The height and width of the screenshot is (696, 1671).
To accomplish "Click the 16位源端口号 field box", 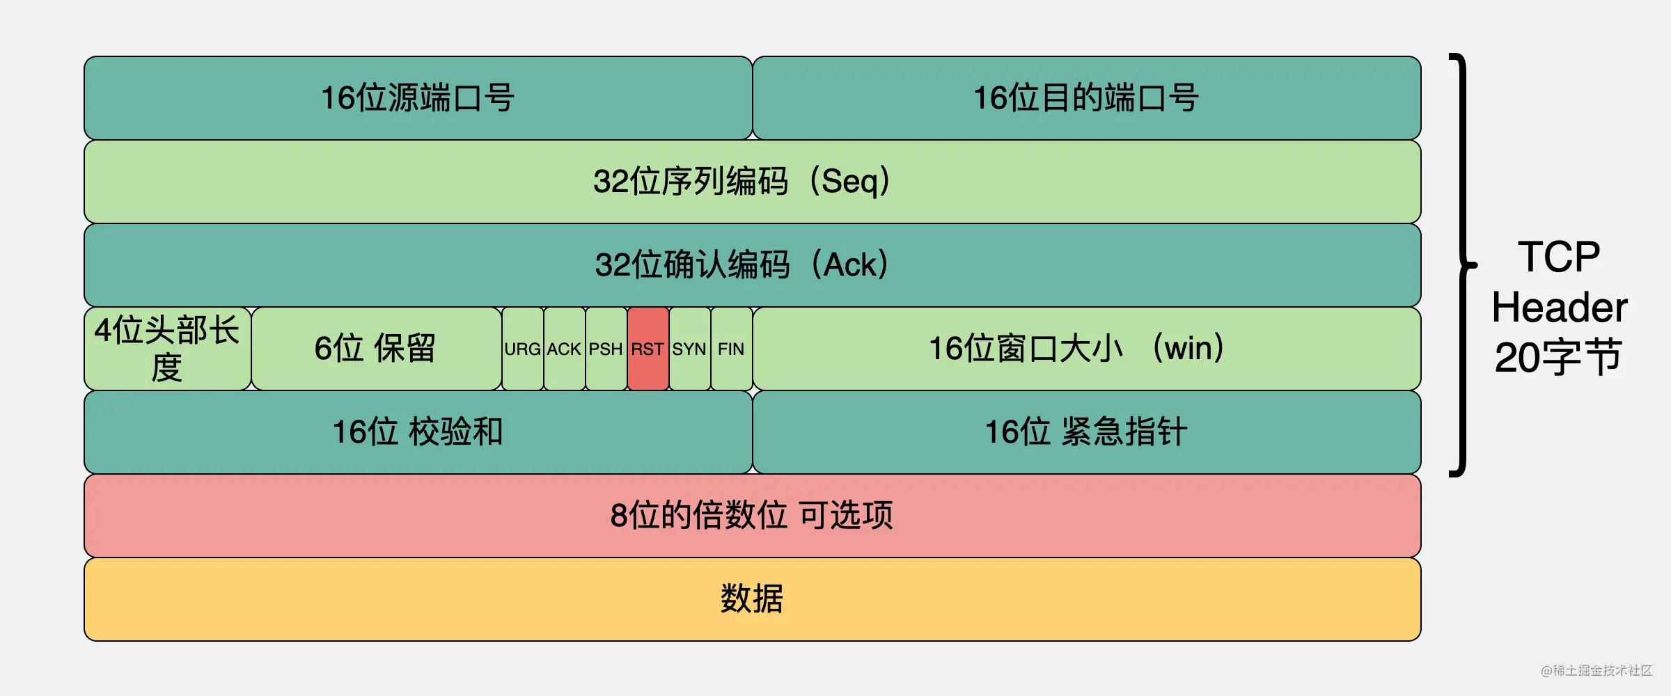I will point(418,98).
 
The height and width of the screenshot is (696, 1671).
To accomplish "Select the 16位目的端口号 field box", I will point(1086,98).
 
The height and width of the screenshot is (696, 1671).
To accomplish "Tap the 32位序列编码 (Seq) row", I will point(752,182).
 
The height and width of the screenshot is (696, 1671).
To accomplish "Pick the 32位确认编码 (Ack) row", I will point(752,265).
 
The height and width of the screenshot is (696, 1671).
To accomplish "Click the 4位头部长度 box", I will point(167,349).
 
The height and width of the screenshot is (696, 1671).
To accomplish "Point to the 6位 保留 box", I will point(376,349).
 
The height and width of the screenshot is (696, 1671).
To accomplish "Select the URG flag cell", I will point(522,349).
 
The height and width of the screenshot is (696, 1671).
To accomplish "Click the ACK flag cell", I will point(564,349).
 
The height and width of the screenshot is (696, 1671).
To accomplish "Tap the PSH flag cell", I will point(606,349).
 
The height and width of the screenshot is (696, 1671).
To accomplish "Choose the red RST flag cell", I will point(648,349).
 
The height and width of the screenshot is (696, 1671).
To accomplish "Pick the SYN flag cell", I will point(689,349).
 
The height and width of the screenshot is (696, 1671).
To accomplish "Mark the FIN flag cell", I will point(731,349).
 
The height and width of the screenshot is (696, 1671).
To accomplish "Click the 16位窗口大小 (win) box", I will point(1086,349).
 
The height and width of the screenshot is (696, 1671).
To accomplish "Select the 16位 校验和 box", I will point(418,432).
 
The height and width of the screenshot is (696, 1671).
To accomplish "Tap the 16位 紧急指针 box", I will point(1086,432).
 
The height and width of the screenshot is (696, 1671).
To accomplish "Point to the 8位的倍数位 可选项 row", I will point(752,516).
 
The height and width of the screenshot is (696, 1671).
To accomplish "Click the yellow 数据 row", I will point(752,599).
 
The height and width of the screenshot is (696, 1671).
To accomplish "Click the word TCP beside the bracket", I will point(1559,257).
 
